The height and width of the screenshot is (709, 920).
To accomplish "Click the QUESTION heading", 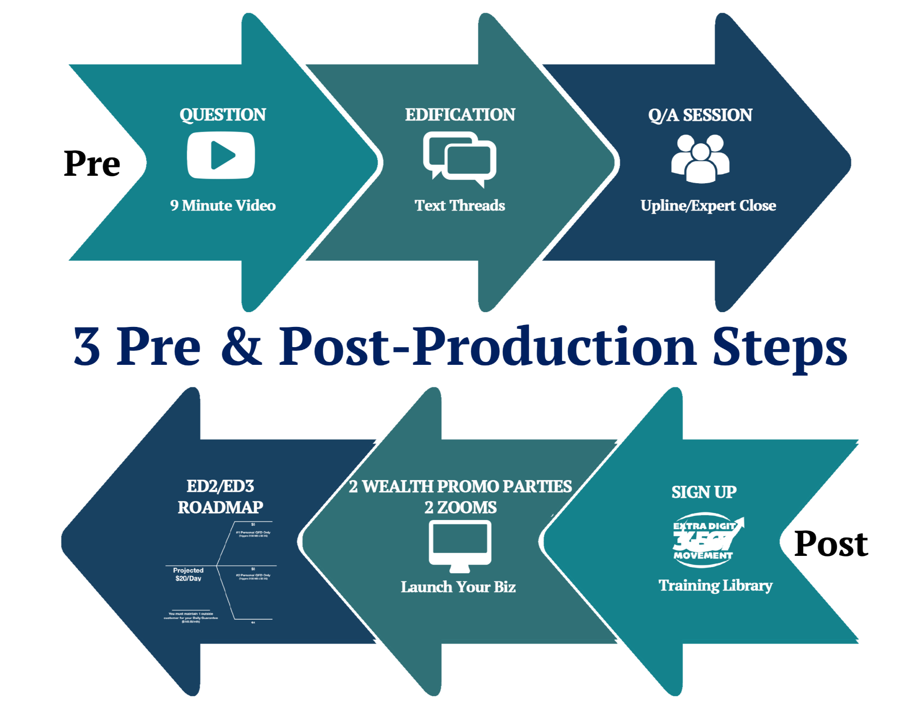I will point(223,115).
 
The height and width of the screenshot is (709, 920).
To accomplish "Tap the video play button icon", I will point(221,155).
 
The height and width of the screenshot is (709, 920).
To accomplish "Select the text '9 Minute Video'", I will point(223,205).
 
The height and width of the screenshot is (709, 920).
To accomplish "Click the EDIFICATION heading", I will point(460,115).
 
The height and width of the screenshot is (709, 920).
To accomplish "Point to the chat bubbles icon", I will point(460,159).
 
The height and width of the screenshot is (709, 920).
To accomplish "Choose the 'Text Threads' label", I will point(460,205).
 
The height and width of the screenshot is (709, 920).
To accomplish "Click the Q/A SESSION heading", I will point(700,115).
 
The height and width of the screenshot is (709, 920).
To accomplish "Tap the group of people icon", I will point(700,158).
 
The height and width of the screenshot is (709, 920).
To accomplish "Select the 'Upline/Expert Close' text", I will point(708,205).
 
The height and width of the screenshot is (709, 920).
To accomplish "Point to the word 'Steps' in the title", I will point(780,347).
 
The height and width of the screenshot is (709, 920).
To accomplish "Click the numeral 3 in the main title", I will point(87,347).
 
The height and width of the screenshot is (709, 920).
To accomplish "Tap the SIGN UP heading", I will point(704,492).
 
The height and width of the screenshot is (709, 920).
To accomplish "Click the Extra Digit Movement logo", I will point(707,541).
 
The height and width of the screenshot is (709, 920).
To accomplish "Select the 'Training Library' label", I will point(715,585).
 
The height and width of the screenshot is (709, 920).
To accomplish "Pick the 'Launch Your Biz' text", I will point(458,587).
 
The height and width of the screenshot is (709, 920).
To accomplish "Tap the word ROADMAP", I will point(220,507).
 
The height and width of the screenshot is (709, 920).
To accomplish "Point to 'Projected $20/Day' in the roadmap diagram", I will point(188,574).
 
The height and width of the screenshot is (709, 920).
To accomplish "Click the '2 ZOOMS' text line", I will point(460,507).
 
